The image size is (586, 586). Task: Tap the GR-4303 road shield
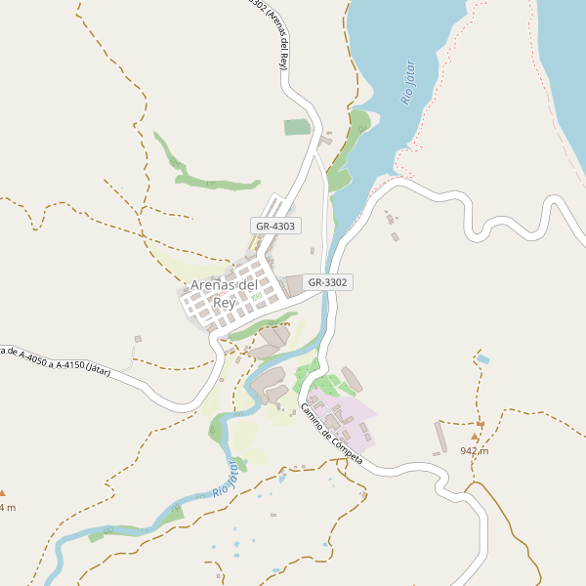(275, 226)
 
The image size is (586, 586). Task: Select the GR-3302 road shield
(327, 282)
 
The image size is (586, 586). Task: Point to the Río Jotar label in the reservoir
(409, 83)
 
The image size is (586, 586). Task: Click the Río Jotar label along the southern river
(223, 479)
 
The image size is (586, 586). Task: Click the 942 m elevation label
(474, 451)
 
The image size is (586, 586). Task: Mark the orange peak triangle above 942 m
(476, 437)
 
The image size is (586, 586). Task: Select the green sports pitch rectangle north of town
(297, 127)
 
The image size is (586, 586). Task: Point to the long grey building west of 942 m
(441, 437)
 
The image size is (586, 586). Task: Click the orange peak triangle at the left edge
(2, 492)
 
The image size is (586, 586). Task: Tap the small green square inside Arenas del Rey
(256, 296)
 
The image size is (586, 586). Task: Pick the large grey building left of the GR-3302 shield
(293, 285)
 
